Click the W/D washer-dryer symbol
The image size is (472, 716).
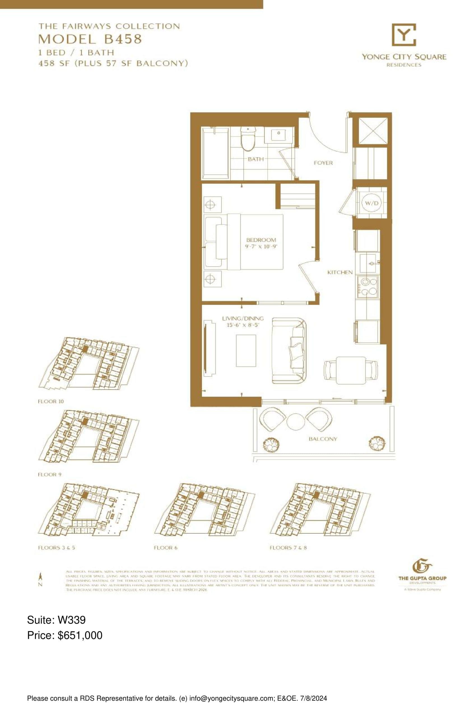(371, 203)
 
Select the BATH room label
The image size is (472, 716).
(255, 159)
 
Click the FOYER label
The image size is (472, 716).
(323, 163)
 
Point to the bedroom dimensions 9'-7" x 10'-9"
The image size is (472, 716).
(261, 246)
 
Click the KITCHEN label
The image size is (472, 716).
(340, 272)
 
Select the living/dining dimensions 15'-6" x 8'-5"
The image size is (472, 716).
(243, 325)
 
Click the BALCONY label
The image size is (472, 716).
(323, 439)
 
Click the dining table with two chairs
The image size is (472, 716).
(351, 370)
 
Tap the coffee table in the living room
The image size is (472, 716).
(246, 350)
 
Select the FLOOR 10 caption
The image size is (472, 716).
(51, 401)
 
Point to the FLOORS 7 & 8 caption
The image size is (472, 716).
(288, 548)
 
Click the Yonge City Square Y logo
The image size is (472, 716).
(404, 35)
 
